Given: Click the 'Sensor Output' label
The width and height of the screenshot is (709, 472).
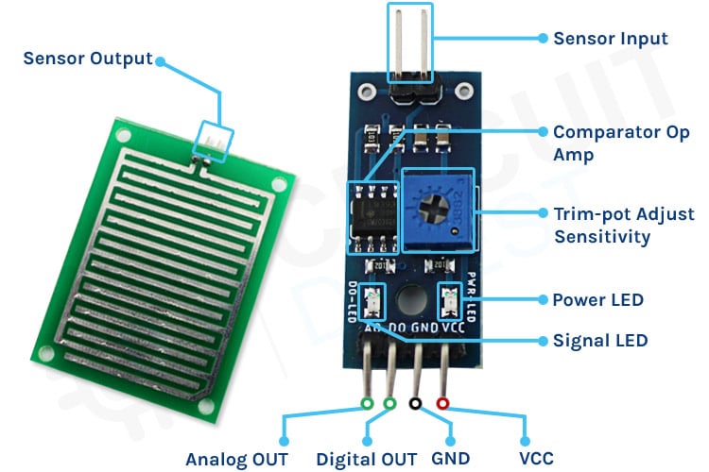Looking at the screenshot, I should pyautogui.click(x=87, y=59).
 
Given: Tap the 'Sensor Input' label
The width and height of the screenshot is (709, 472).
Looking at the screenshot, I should pyautogui.click(x=610, y=39).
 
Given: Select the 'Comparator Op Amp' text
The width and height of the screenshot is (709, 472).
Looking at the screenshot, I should pyautogui.click(x=621, y=143).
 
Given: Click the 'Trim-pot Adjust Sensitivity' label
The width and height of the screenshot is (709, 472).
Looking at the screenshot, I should pyautogui.click(x=623, y=225).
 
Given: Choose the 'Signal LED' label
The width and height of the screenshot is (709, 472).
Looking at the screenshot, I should pyautogui.click(x=600, y=340).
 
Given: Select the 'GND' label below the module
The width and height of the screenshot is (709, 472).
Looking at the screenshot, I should pyautogui.click(x=451, y=459).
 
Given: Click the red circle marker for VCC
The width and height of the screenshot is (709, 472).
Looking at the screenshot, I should pyautogui.click(x=442, y=404).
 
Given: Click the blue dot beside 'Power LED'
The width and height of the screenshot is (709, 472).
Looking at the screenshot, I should pyautogui.click(x=544, y=300).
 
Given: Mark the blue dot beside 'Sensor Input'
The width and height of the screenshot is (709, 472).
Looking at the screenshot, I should pyautogui.click(x=544, y=39).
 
